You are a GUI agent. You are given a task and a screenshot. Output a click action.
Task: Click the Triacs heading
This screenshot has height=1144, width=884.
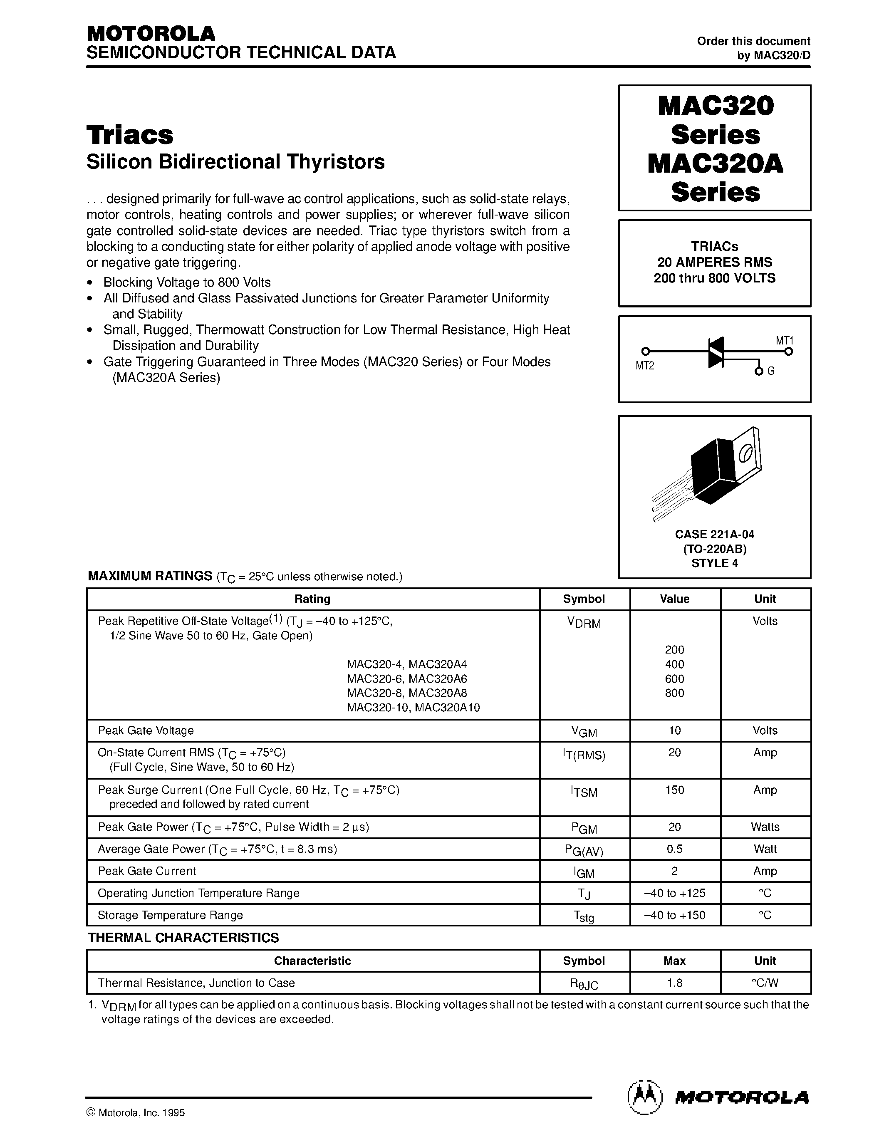[130, 135]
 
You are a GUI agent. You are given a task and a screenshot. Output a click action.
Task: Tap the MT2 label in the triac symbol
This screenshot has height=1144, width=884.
[645, 366]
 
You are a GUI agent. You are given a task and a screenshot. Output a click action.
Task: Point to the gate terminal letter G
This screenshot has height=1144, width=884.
[771, 371]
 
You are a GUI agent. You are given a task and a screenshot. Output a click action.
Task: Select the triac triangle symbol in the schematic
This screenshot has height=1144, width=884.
[716, 352]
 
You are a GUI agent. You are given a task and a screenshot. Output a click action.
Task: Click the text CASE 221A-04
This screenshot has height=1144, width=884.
[714, 534]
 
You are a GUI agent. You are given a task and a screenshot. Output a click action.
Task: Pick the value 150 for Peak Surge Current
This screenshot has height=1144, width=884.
[674, 790]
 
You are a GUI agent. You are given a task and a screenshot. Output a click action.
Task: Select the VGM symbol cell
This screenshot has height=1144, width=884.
[583, 732]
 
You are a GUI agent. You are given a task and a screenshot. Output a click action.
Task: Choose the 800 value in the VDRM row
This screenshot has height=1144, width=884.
[674, 693]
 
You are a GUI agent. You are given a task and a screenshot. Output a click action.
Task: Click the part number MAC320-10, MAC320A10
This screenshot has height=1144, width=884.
[413, 708]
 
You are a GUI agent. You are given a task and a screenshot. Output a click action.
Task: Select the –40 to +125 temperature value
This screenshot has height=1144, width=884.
[674, 893]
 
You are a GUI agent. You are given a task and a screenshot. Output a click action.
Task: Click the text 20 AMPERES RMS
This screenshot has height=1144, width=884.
[714, 262]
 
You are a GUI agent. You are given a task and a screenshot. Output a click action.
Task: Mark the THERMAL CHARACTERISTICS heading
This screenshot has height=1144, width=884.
[183, 938]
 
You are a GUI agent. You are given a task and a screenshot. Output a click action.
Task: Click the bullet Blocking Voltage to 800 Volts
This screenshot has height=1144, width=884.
[186, 282]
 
